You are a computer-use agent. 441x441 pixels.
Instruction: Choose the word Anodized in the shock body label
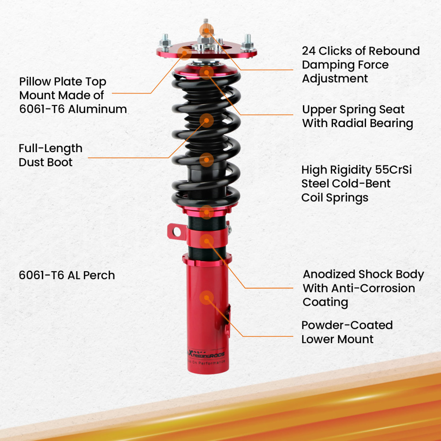click(x=329, y=274)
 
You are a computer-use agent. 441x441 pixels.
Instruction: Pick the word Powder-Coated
click(x=347, y=325)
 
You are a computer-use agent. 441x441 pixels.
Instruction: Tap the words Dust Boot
click(x=45, y=162)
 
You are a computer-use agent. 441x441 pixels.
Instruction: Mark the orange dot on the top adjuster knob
click(x=206, y=30)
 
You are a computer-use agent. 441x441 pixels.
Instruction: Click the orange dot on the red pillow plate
click(x=185, y=54)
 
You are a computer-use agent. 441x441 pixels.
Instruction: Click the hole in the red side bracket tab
click(x=176, y=231)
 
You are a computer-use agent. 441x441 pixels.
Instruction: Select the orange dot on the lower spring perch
click(x=206, y=212)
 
